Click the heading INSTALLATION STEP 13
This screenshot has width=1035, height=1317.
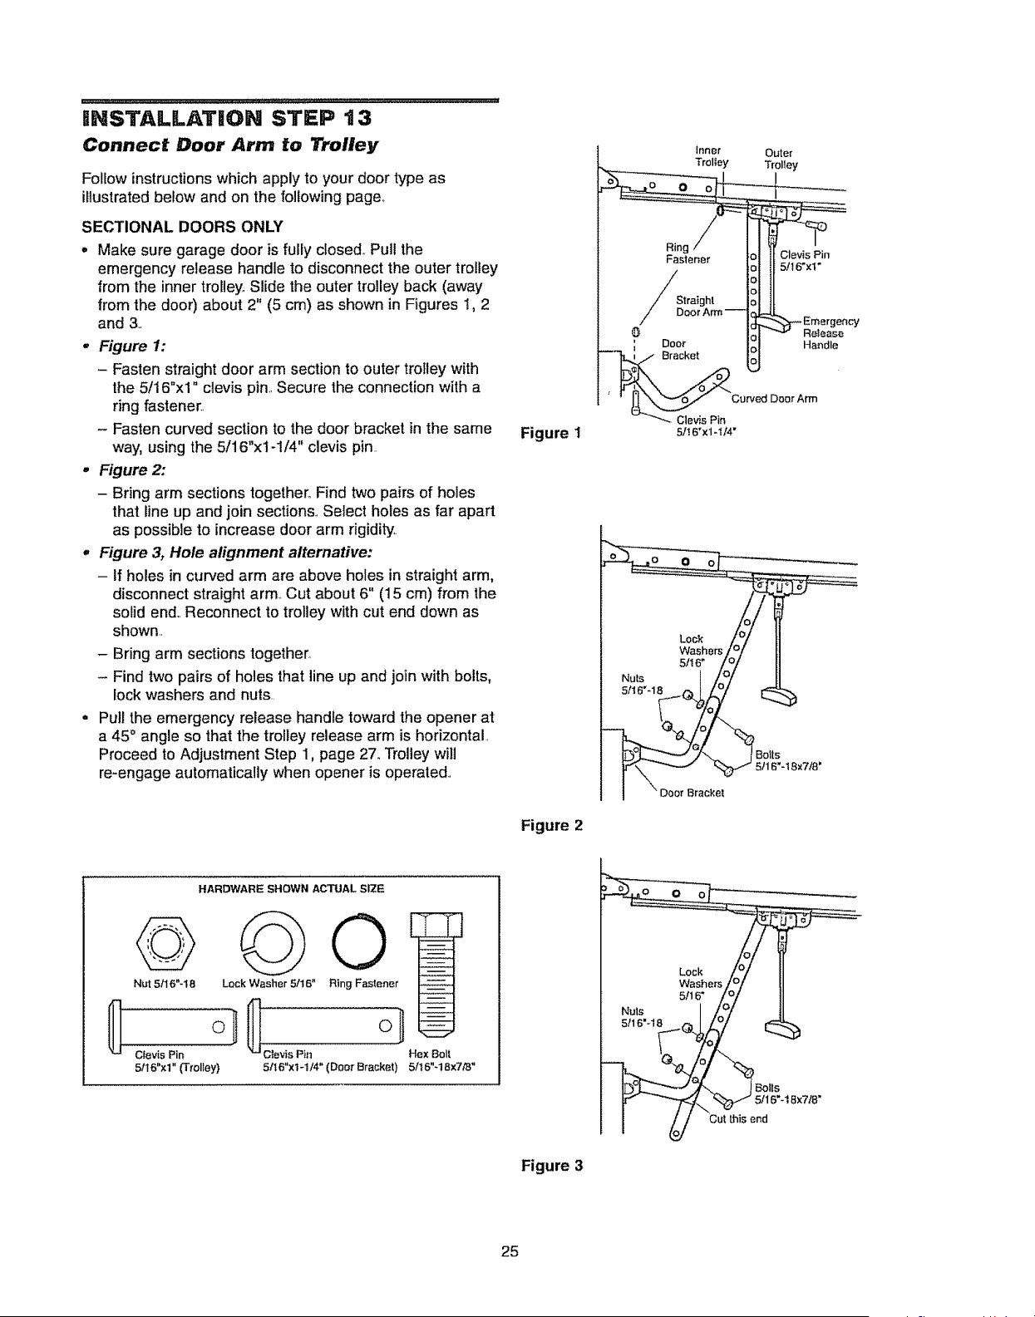click(x=227, y=118)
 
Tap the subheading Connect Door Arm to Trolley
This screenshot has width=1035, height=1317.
click(x=229, y=145)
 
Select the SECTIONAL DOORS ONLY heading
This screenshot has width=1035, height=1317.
click(x=183, y=227)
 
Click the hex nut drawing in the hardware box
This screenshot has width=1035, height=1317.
click(x=165, y=943)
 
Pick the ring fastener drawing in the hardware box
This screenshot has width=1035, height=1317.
click(x=358, y=941)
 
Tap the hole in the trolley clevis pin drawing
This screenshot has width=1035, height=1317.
click(x=219, y=1027)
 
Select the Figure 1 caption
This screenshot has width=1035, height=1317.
click(x=550, y=433)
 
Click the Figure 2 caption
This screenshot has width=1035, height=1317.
click(x=552, y=825)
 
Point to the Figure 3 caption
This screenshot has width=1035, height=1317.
click(x=552, y=1166)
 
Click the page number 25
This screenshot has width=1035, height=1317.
click(x=510, y=1251)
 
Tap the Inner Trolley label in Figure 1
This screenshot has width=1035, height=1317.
click(x=712, y=156)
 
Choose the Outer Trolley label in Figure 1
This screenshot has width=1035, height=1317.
click(x=781, y=159)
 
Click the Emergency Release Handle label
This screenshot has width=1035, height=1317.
click(x=830, y=333)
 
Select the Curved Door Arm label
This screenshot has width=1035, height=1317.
click(x=774, y=398)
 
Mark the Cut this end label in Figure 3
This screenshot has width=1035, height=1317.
click(x=738, y=1118)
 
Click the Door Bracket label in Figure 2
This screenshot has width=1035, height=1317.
click(x=692, y=793)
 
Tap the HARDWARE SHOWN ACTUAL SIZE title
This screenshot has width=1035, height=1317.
click(x=292, y=889)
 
